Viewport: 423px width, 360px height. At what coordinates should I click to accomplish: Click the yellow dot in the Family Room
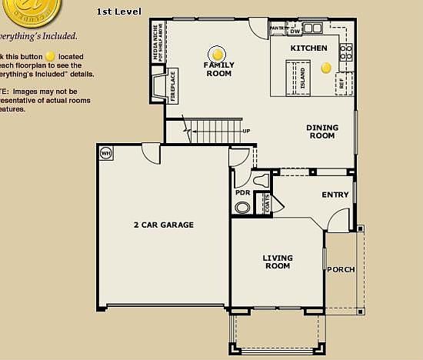click(x=218, y=55)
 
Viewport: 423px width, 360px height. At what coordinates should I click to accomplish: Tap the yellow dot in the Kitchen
click(x=325, y=67)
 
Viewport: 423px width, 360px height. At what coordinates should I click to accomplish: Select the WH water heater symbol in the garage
click(x=106, y=152)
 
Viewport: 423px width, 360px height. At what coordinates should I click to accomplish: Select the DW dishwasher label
click(x=295, y=32)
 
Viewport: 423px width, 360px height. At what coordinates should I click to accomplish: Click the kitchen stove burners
click(x=345, y=53)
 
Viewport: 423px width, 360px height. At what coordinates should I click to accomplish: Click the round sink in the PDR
click(x=242, y=208)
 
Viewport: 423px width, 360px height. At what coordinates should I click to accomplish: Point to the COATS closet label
click(x=267, y=204)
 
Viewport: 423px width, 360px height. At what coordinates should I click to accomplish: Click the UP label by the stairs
click(x=246, y=131)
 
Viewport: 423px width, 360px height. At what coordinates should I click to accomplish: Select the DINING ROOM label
click(x=321, y=132)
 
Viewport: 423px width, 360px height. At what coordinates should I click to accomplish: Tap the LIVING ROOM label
click(x=278, y=262)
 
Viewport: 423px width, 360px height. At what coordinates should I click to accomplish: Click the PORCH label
click(x=341, y=269)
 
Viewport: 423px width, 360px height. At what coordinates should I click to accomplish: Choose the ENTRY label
click(x=335, y=195)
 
